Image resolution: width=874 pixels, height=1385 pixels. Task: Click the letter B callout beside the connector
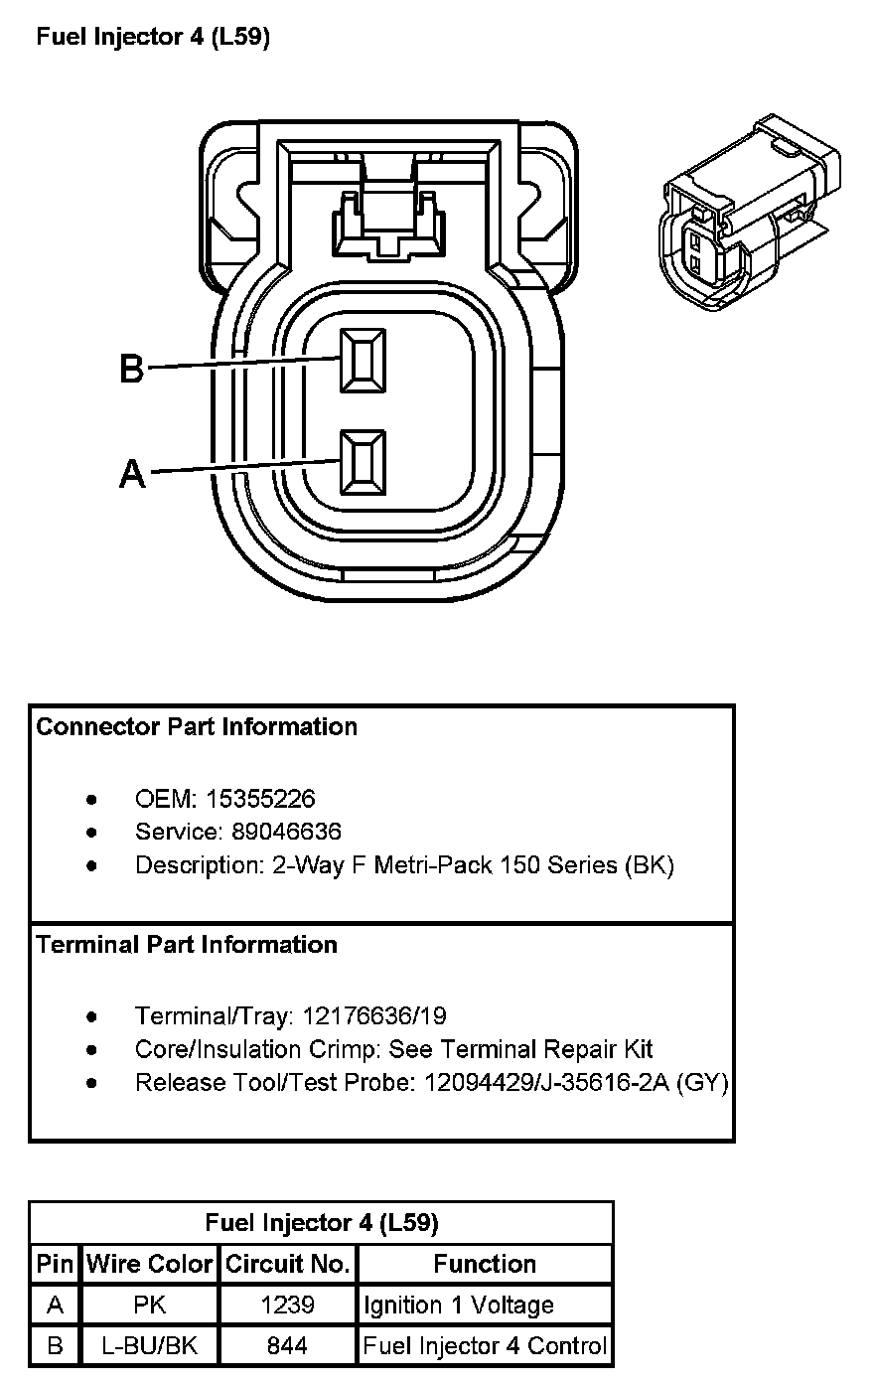pos(131,369)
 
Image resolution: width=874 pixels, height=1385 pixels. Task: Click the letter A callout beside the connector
pos(132,473)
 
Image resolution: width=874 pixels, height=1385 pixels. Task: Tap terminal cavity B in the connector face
pos(363,359)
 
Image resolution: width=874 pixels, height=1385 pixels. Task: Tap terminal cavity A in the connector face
pos(363,462)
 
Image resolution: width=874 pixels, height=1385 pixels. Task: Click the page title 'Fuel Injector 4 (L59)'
pos(153,38)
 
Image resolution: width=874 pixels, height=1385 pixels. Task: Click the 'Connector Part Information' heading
pos(197,726)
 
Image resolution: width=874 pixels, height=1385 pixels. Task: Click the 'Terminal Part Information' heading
pos(187,944)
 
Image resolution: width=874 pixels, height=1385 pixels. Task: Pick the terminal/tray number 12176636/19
pos(374,1015)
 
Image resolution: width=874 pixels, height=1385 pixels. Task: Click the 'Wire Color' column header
pos(150,1264)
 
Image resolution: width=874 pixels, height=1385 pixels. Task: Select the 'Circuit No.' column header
pos(288,1264)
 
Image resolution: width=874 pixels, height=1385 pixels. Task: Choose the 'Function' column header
pos(485,1264)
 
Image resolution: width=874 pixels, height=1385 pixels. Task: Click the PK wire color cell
pos(150,1305)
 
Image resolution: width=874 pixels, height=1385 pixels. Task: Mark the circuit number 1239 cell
pos(288,1305)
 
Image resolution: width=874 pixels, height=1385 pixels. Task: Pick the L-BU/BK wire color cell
pos(150,1346)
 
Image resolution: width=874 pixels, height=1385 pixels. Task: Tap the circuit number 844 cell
pos(288,1346)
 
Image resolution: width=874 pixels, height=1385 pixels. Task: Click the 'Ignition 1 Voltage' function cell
pos(458,1305)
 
